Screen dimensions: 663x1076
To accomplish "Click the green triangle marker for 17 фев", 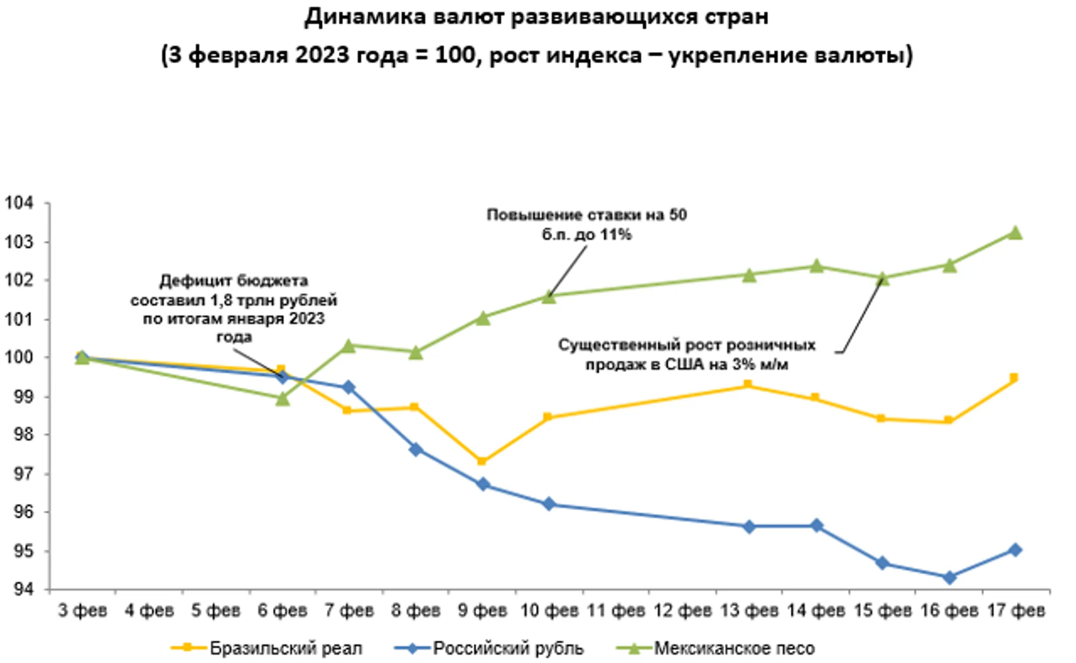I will coord(1015,233).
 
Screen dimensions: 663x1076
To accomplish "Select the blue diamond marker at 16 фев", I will coord(949,577).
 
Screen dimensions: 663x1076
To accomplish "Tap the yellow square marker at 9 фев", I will coord(482,461).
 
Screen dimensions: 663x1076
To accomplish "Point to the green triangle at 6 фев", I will coord(282,399).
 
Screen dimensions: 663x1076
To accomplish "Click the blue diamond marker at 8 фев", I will coord(416,450).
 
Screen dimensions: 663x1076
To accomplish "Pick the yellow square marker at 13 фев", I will coord(748,385).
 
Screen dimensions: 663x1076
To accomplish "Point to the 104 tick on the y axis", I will coord(19,203).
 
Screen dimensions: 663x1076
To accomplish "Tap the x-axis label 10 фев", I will coord(549,610).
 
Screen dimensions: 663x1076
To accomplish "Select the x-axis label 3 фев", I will coord(83,610).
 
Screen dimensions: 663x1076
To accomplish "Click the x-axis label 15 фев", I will coord(882,610).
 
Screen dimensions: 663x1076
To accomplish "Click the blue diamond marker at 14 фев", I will coord(816,526).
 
